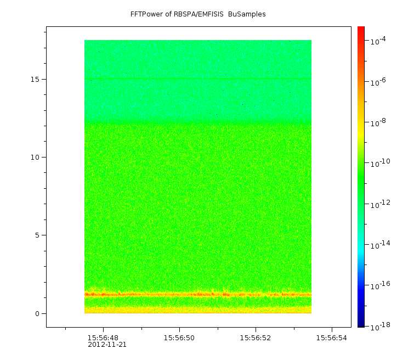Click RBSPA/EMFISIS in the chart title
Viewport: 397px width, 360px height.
(198, 14)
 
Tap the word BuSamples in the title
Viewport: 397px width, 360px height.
(247, 14)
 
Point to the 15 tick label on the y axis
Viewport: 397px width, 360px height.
(35, 79)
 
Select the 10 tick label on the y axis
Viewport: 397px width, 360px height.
(35, 157)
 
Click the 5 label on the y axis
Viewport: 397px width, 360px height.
(37, 235)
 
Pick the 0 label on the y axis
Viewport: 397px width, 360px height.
(37, 314)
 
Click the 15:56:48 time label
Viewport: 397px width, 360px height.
(103, 338)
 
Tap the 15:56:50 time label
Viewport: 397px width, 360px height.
(179, 338)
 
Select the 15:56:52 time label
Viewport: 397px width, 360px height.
(256, 338)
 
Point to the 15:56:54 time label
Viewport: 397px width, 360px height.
(332, 338)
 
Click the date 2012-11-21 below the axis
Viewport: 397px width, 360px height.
(107, 345)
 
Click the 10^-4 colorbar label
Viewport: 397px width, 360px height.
(378, 41)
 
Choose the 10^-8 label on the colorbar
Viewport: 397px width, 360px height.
(378, 122)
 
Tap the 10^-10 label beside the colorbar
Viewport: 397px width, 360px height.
(381, 163)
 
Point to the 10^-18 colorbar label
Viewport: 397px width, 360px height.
(381, 327)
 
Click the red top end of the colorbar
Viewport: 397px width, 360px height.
(361, 27)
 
